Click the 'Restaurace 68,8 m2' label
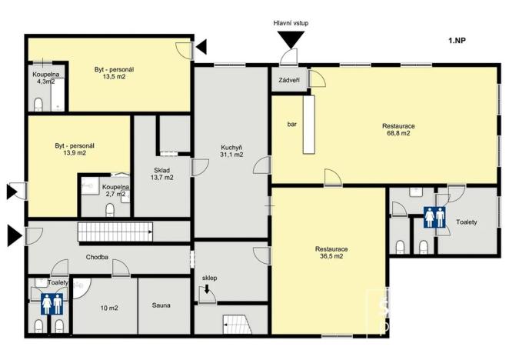click(398, 129)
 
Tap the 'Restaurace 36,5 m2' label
click(331, 253)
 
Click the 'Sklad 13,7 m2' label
click(161, 173)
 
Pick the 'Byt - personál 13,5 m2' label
click(114, 73)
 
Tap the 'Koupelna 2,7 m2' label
click(115, 191)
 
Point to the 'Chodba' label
click(97, 258)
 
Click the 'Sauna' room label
click(161, 305)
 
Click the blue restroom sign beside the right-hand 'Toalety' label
click(434, 219)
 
